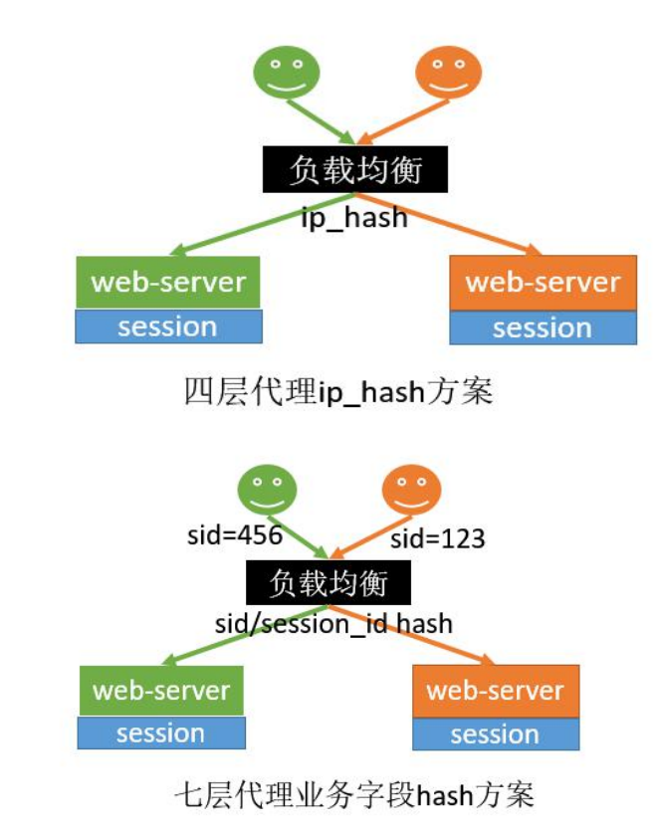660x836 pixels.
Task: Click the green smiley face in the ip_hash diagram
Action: click(287, 72)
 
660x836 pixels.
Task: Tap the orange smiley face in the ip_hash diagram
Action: click(448, 72)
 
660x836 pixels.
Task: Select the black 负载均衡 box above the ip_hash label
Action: click(355, 170)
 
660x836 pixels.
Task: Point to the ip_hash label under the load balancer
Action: click(355, 217)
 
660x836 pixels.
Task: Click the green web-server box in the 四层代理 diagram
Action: click(168, 282)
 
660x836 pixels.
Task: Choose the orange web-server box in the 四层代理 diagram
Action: click(543, 282)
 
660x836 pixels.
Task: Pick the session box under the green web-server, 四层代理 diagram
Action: click(168, 326)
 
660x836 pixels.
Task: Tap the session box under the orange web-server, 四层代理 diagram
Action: click(543, 327)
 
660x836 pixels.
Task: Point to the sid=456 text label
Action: click(235, 535)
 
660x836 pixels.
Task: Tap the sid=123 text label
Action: click(437, 538)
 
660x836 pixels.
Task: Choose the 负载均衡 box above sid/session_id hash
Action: click(328, 581)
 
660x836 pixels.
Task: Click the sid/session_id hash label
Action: click(333, 624)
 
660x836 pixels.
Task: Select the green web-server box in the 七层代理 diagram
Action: click(161, 691)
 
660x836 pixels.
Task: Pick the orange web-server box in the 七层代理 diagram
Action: click(495, 691)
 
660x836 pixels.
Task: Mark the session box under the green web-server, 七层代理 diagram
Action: click(161, 733)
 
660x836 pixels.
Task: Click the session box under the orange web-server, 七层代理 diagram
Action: click(495, 734)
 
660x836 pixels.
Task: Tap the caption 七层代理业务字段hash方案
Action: click(354, 795)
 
